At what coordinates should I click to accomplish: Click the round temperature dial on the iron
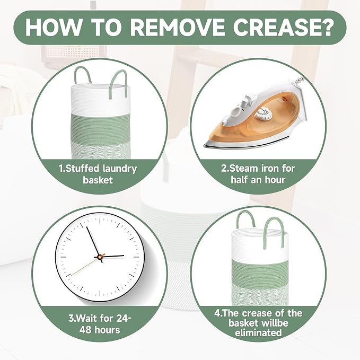pos(262,113)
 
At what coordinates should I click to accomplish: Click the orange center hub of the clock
pos(100,257)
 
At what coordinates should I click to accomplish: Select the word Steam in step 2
pos(243,168)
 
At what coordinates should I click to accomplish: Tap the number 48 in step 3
pos(85,330)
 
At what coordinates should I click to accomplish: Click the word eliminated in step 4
pos(258,332)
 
